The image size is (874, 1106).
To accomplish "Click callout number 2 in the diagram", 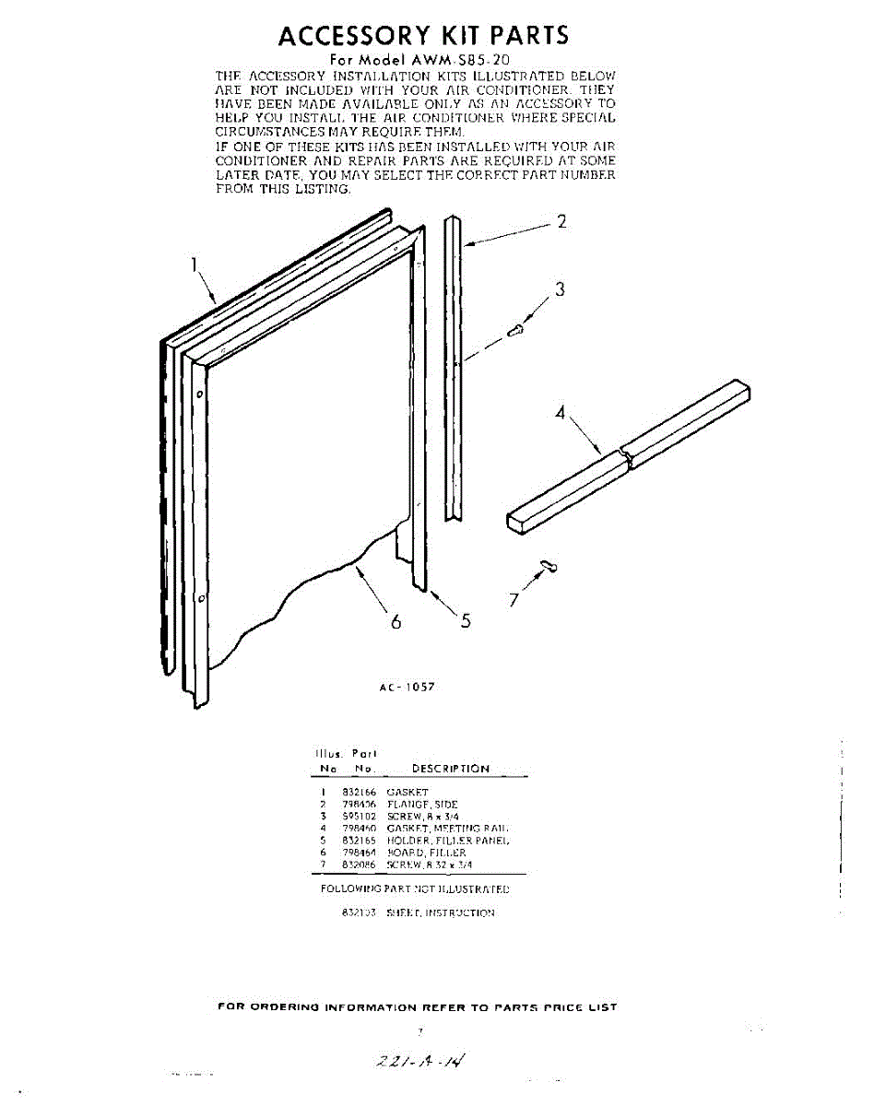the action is [561, 222].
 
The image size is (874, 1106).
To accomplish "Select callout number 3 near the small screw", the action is [559, 289].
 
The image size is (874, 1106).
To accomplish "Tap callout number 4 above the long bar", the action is [560, 413].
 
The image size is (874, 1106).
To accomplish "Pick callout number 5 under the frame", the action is [466, 620].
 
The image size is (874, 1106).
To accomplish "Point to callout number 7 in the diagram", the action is [514, 601].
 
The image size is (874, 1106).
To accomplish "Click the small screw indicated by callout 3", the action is [517, 329].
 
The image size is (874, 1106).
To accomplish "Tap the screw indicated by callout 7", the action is [549, 565].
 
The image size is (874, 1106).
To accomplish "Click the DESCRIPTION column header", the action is [451, 769].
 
